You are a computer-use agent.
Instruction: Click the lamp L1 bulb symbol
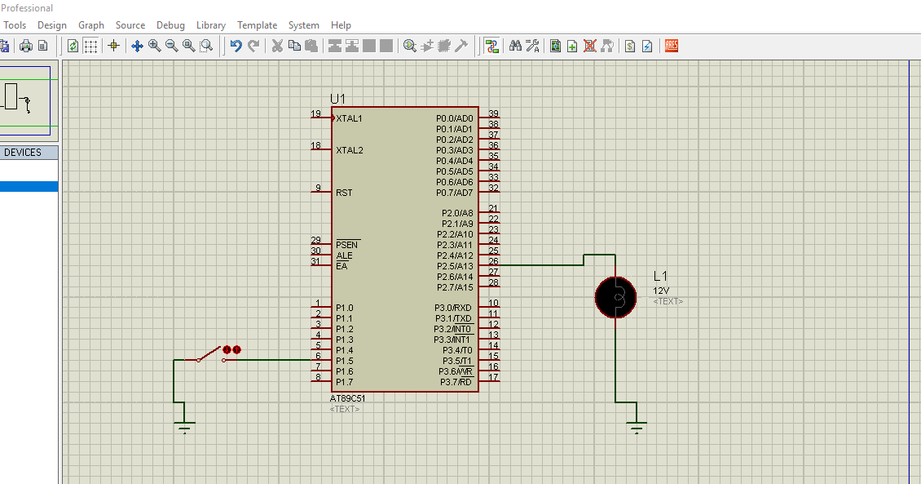tap(615, 297)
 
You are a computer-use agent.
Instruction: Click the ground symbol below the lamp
tap(637, 426)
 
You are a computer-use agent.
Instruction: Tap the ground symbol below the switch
tap(185, 426)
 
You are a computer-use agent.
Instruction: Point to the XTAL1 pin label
tap(349, 118)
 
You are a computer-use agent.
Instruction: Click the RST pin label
tap(344, 193)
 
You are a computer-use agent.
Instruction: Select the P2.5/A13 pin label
tap(455, 266)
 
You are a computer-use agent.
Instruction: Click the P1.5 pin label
tap(344, 361)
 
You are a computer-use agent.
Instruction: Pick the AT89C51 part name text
tap(347, 398)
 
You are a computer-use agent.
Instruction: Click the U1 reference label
tap(337, 99)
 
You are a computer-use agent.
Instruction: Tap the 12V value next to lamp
tap(661, 291)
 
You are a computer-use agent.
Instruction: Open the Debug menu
tap(170, 25)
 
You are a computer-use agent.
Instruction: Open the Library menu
tap(211, 25)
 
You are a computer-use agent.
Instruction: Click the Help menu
tap(341, 25)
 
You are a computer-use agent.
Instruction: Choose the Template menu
tap(257, 25)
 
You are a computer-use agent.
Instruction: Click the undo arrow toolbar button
tap(236, 46)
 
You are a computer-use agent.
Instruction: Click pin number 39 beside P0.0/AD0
tap(493, 113)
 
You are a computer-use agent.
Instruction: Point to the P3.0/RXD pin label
tap(453, 308)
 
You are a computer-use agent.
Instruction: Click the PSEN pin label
tap(346, 245)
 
